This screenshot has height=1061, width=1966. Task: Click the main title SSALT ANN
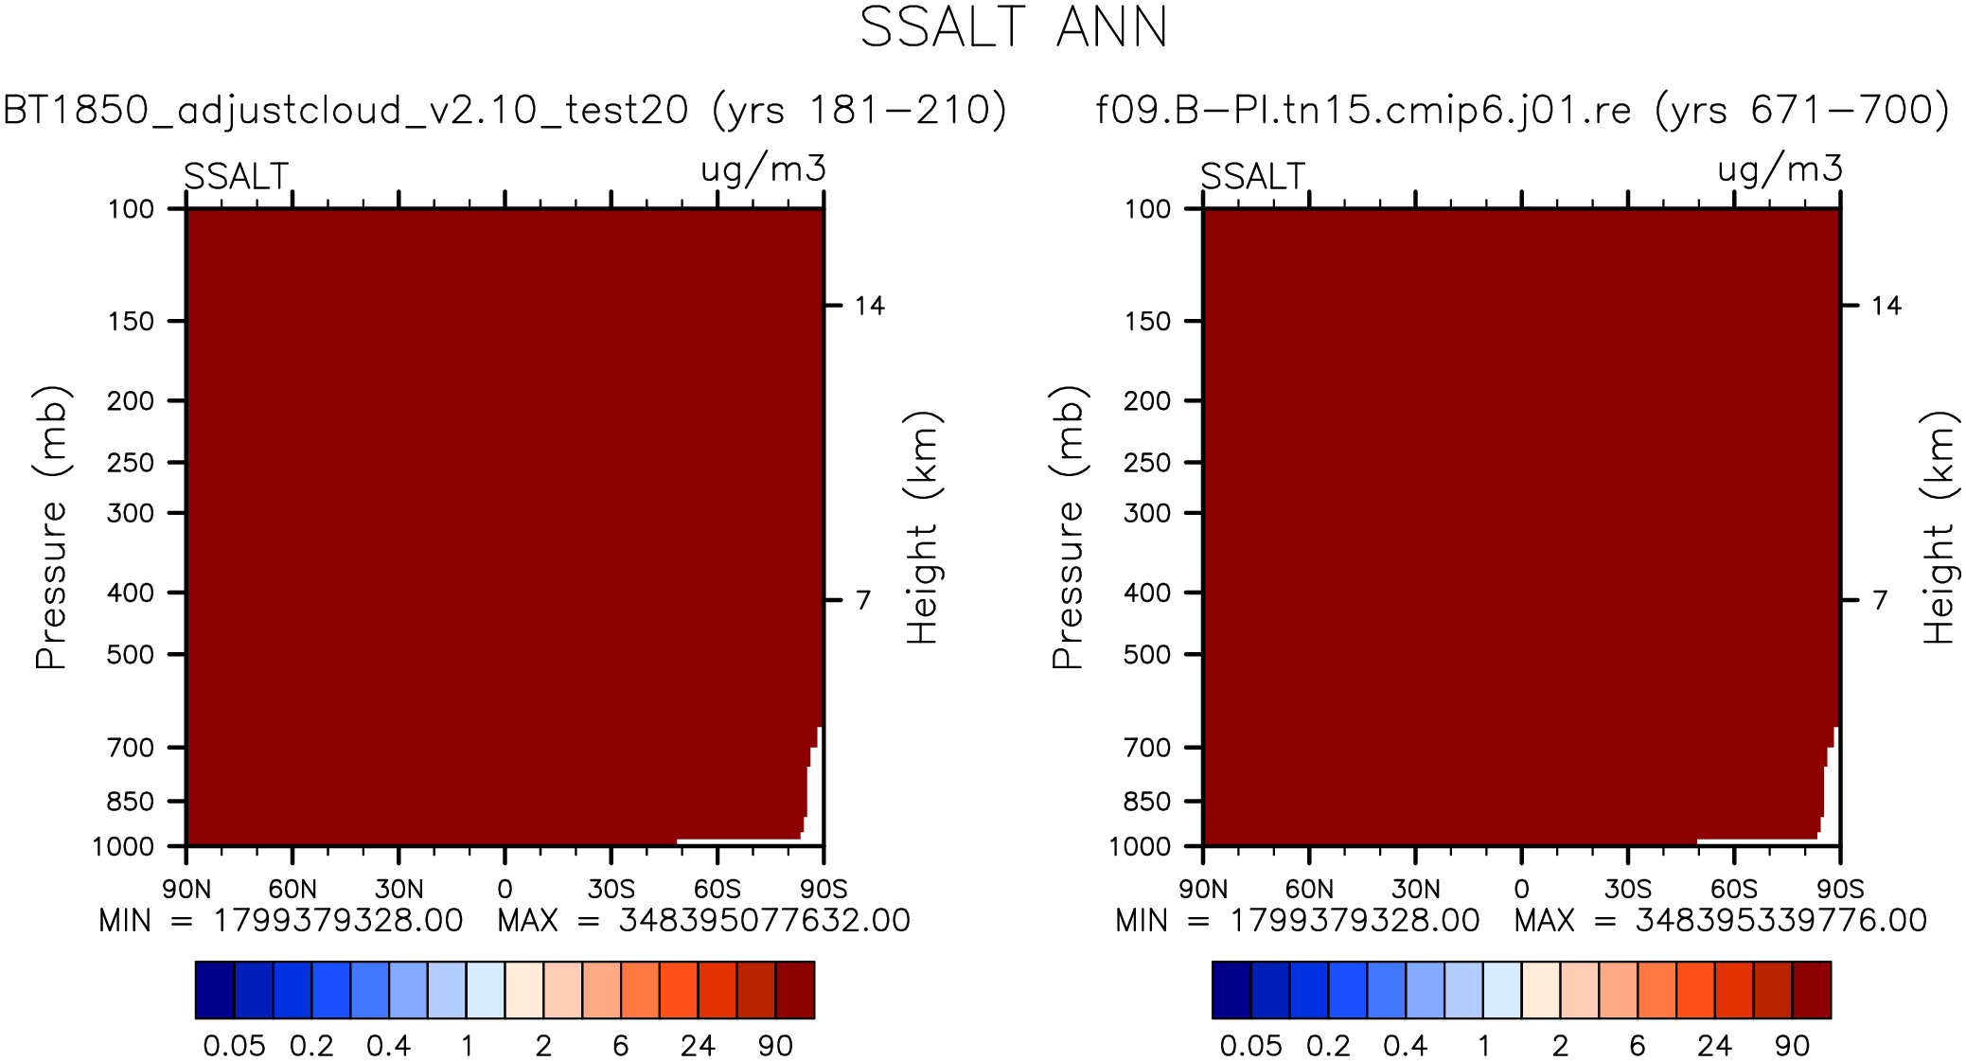pos(1013,28)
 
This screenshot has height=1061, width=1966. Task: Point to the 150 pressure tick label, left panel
pos(131,322)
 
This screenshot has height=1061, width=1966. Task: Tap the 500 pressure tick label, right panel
pos(1147,655)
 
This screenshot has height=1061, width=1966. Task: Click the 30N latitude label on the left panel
pos(399,890)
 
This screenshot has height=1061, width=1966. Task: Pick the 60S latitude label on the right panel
pos(1733,890)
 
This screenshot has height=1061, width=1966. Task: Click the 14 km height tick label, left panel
pos(869,306)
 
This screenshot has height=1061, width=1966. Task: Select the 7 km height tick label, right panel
pos(1880,600)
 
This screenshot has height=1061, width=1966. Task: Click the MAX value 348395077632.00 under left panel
pos(764,921)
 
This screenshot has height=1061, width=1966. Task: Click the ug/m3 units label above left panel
pos(763,170)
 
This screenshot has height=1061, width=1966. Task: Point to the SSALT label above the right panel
pos(1252,177)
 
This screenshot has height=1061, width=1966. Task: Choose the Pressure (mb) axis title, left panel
pos(51,527)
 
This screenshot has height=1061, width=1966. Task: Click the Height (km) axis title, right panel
pos(1938,527)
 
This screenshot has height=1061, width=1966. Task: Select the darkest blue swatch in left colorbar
pos(215,990)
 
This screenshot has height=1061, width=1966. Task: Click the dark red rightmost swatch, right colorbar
pos(1811,990)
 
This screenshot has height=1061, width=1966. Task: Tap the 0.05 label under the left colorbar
pos(234,1046)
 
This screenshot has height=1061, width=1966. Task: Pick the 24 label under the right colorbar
pos(1714,1046)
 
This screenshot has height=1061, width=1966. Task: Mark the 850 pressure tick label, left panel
pos(131,802)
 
